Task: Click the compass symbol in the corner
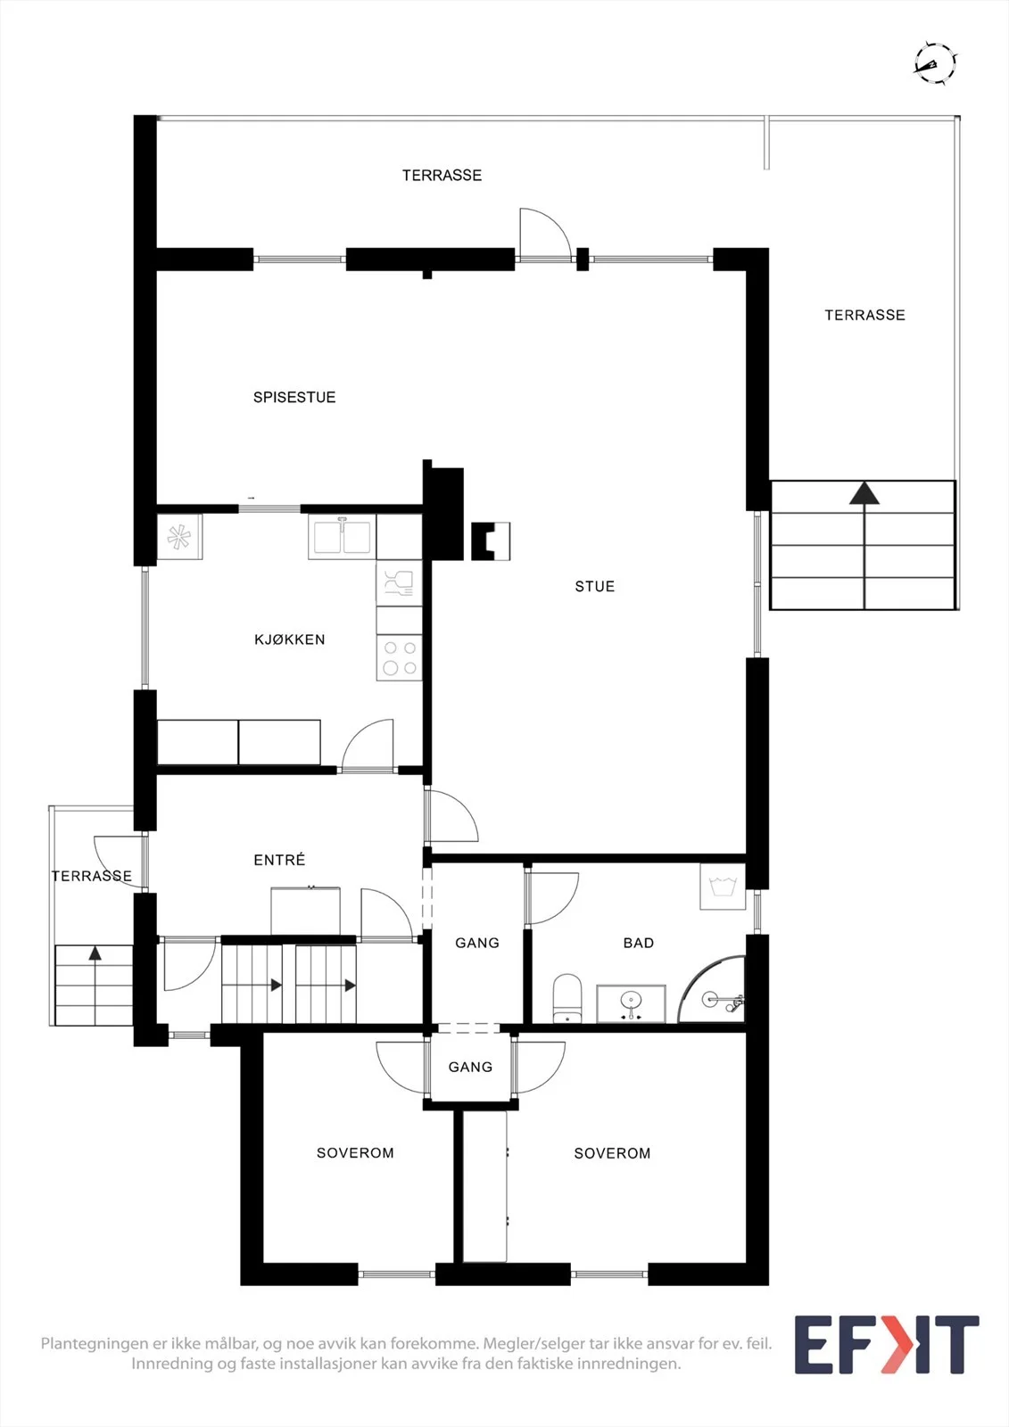(x=935, y=63)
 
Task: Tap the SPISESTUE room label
(x=294, y=398)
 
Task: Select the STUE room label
(x=595, y=586)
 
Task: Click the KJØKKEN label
(x=289, y=639)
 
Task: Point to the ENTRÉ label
(x=279, y=860)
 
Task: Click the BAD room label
(x=639, y=943)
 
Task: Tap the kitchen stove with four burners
(x=399, y=657)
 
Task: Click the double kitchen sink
(x=343, y=537)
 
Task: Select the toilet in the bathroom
(x=567, y=997)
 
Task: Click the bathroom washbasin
(x=631, y=1003)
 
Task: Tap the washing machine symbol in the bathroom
(x=723, y=887)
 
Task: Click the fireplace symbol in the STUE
(x=490, y=540)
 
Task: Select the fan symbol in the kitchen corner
(x=179, y=537)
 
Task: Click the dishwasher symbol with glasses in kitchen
(x=399, y=583)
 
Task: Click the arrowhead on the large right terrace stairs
(x=864, y=493)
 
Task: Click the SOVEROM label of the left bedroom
(x=355, y=1152)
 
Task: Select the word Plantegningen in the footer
(x=94, y=1344)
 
